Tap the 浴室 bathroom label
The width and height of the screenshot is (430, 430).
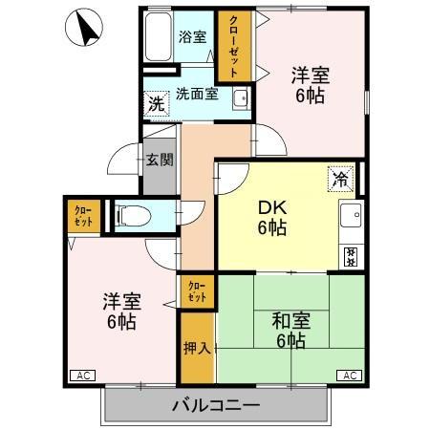point(192,37)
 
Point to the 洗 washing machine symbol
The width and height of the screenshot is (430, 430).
point(156,102)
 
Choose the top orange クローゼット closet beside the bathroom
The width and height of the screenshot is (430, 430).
point(230,45)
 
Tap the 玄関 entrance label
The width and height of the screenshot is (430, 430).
point(160,160)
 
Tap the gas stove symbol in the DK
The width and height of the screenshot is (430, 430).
point(351,256)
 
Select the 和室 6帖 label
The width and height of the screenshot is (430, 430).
point(288,331)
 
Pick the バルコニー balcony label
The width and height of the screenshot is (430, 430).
point(216,405)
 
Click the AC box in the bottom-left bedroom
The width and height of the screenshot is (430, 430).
point(82,376)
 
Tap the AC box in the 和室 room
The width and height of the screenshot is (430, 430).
point(350,376)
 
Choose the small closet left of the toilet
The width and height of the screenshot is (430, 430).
point(82,215)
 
